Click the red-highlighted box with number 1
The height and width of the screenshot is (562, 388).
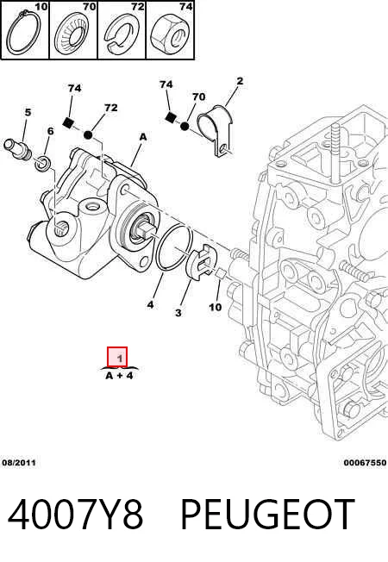tap(117, 357)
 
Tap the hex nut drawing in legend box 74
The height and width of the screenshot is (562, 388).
tap(170, 34)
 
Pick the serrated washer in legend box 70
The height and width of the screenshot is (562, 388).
tap(72, 35)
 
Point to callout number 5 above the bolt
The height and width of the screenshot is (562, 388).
tap(28, 112)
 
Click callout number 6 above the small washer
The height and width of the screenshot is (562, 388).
tap(50, 131)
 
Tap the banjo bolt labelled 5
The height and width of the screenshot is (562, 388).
tap(17, 149)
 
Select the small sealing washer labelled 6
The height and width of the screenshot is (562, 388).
tap(43, 163)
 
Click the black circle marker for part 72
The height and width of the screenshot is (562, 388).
tap(88, 135)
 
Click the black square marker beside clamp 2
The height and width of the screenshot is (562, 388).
tap(170, 117)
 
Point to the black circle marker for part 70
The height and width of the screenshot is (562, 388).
tap(185, 126)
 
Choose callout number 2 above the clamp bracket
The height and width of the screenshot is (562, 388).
tap(240, 81)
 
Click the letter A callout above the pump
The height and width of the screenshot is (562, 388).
tap(143, 137)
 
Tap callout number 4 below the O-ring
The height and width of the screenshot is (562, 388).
tap(150, 304)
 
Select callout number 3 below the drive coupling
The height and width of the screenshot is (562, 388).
tap(178, 313)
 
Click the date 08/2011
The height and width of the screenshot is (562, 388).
tap(19, 462)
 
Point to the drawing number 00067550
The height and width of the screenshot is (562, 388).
tap(365, 462)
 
